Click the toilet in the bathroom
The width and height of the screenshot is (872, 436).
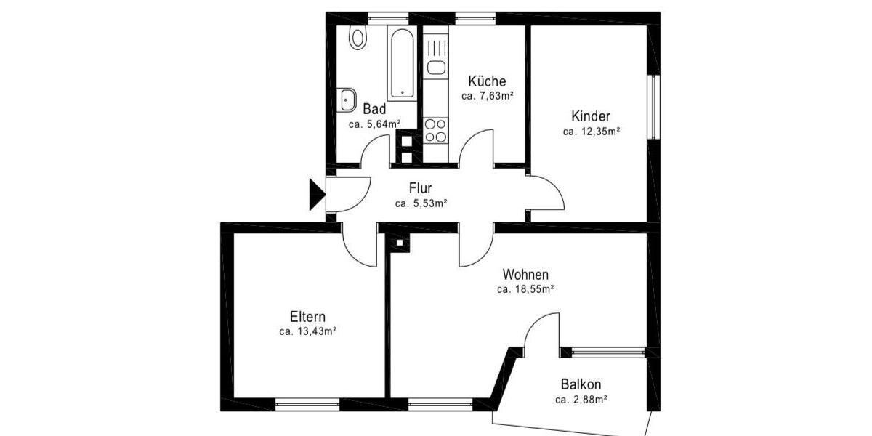pyautogui.click(x=357, y=38)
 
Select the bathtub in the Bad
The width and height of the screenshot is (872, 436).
pyautogui.click(x=400, y=62)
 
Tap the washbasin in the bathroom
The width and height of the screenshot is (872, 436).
pyautogui.click(x=347, y=100)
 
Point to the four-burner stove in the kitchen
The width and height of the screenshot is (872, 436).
pyautogui.click(x=436, y=130)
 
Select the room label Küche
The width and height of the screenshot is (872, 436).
pyautogui.click(x=487, y=81)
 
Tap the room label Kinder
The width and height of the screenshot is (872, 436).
pyautogui.click(x=591, y=116)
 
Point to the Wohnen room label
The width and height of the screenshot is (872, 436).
pyautogui.click(x=525, y=275)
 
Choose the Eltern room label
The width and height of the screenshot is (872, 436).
pyautogui.click(x=307, y=317)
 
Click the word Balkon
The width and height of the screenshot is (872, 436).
pyautogui.click(x=581, y=384)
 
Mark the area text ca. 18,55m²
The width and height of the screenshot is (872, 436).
pyautogui.click(x=525, y=289)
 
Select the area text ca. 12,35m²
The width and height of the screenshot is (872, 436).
pyautogui.click(x=591, y=132)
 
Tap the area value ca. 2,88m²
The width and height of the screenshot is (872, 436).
pyautogui.click(x=581, y=400)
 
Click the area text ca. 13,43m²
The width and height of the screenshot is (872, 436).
pyautogui.click(x=307, y=331)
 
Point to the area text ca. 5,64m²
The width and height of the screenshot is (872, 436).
pyautogui.click(x=374, y=124)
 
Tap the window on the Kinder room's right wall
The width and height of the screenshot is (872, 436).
pyautogui.click(x=653, y=106)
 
